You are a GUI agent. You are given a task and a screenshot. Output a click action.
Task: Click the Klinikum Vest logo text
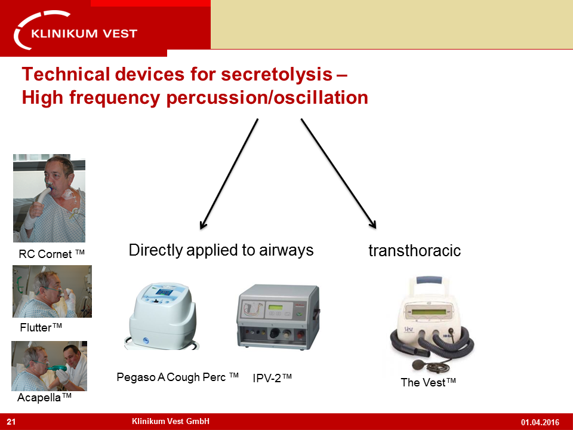(x=84, y=33)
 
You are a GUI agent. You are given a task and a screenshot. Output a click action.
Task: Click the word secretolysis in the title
(x=276, y=74)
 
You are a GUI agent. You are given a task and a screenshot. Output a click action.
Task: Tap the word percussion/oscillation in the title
(x=267, y=98)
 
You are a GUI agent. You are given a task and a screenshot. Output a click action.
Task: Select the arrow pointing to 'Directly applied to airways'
(x=229, y=174)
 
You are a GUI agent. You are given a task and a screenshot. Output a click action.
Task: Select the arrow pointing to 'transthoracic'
(x=338, y=174)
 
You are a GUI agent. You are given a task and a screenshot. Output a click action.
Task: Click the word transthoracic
(x=414, y=251)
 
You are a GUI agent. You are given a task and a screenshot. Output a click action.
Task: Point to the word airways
(x=286, y=250)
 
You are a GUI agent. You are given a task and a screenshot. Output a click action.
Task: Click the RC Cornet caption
(x=51, y=254)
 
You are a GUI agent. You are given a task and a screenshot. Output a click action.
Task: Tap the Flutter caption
(x=41, y=327)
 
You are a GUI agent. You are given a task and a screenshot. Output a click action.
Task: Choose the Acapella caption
(x=44, y=397)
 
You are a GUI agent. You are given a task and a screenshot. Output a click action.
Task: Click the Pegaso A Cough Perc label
(x=177, y=377)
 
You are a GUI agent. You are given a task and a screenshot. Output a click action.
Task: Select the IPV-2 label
(x=272, y=377)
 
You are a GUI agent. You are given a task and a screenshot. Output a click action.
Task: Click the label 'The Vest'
(x=428, y=382)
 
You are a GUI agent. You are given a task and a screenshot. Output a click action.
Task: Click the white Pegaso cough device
(x=162, y=316)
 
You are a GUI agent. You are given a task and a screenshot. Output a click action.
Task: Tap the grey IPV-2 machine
(x=279, y=317)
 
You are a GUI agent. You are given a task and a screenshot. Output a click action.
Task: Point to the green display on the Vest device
(x=429, y=312)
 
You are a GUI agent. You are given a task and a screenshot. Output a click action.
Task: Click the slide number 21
(x=11, y=422)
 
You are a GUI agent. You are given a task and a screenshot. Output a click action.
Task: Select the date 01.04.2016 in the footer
(x=540, y=422)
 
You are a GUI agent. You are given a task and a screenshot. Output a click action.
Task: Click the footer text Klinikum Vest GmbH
(x=171, y=421)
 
